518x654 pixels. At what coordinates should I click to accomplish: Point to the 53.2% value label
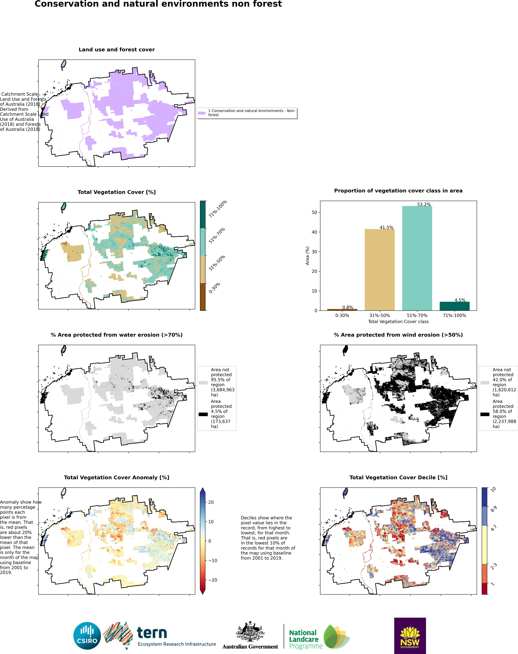(x=424, y=204)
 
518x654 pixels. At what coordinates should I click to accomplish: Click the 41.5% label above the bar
(x=386, y=227)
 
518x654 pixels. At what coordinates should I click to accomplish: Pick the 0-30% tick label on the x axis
(x=342, y=315)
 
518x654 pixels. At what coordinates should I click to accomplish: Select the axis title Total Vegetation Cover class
(x=398, y=321)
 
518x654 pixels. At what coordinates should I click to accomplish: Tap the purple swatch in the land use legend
(x=202, y=113)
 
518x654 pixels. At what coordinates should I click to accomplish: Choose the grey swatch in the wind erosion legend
(x=485, y=383)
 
